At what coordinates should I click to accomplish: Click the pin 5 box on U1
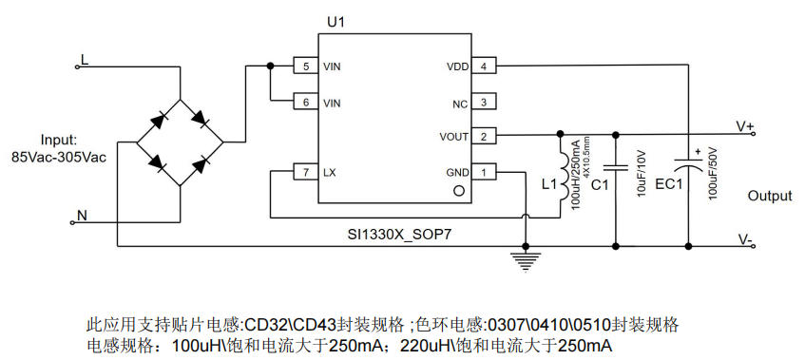[x=305, y=66]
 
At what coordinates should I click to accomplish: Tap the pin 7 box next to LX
[x=305, y=172]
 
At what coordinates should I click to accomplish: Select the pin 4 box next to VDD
[x=484, y=66]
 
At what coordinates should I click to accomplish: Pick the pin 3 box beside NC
[x=484, y=102]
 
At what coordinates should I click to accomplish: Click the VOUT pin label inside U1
[x=454, y=137]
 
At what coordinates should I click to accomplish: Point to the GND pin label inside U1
[x=457, y=172]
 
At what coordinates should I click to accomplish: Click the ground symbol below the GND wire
[x=525, y=262]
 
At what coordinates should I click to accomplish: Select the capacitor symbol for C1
[x=616, y=167]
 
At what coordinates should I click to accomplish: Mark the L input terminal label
[x=85, y=59]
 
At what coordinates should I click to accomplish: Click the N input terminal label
[x=82, y=216]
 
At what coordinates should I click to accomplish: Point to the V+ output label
[x=744, y=126]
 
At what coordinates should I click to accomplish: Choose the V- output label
[x=745, y=239]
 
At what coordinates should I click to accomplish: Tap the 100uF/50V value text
[x=712, y=173]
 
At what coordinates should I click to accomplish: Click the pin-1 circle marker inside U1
[x=459, y=191]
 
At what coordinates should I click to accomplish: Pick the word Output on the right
[x=770, y=196]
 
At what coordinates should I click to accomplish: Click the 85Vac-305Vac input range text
[x=59, y=158]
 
